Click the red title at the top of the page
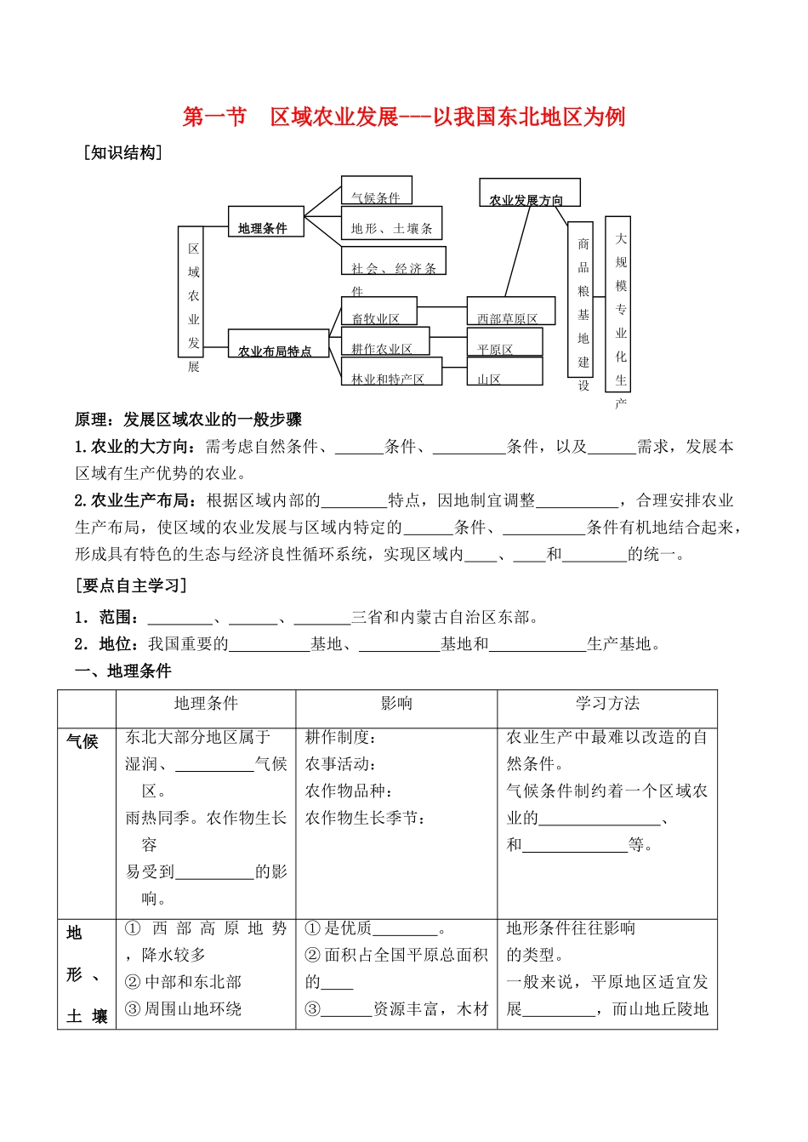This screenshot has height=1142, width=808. tap(404, 117)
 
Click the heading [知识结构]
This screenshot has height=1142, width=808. tap(123, 153)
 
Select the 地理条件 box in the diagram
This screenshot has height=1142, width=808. tap(265, 222)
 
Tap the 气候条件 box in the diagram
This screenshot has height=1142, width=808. tap(376, 191)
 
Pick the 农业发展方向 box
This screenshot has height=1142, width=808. tap(529, 193)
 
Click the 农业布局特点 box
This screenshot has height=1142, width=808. tap(277, 344)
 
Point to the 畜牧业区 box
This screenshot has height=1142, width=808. tap(378, 311)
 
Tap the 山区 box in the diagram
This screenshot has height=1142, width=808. tap(504, 372)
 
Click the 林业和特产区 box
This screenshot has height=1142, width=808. tap(390, 373)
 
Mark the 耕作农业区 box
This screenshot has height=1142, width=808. tap(384, 342)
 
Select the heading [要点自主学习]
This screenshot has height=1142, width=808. tap(131, 585)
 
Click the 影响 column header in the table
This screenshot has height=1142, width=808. tap(396, 704)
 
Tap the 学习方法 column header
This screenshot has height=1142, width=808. tap(607, 704)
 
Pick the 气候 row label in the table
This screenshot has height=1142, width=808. tap(83, 741)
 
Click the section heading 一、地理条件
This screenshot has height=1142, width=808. tap(123, 671)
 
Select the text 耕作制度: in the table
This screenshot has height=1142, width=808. tap(341, 738)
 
